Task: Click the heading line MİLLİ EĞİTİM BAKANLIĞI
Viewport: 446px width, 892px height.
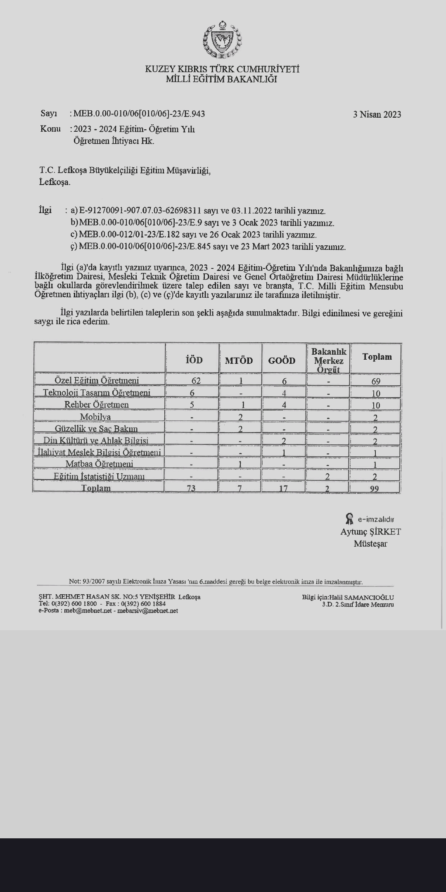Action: pyautogui.click(x=222, y=79)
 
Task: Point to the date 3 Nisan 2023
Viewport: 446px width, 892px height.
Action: pyautogui.click(x=377, y=114)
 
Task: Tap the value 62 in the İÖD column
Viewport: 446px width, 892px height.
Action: pyautogui.click(x=196, y=381)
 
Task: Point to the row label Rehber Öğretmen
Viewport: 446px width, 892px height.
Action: pyautogui.click(x=96, y=405)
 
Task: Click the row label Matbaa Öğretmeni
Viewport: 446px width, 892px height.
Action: pyautogui.click(x=99, y=464)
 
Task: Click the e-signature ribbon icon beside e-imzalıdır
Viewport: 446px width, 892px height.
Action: pyautogui.click(x=349, y=519)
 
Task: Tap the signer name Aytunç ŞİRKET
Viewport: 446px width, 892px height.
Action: pyautogui.click(x=370, y=532)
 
